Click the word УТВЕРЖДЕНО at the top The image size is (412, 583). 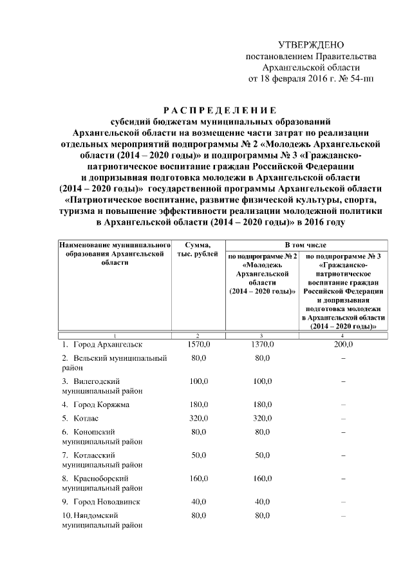pyautogui.click(x=311, y=45)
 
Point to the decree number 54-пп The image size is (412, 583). pyautogui.click(x=360, y=80)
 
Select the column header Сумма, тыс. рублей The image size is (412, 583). pyautogui.click(x=197, y=251)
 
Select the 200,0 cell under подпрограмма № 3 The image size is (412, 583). pyautogui.click(x=343, y=345)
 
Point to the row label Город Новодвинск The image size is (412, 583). pyautogui.click(x=107, y=501)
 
